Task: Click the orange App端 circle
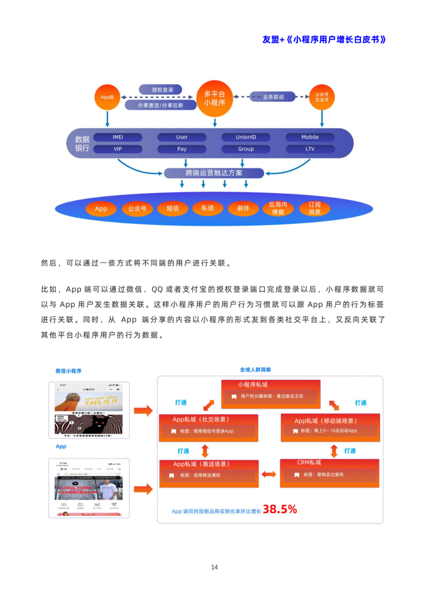(x=107, y=97)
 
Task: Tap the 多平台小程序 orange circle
(x=214, y=99)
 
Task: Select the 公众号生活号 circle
(x=322, y=97)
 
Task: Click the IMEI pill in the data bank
(x=118, y=137)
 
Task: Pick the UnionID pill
(x=246, y=137)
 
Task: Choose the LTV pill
(x=310, y=149)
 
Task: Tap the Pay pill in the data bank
(x=182, y=149)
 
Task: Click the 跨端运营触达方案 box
(x=214, y=173)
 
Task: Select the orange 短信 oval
(x=172, y=208)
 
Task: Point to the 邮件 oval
(x=243, y=208)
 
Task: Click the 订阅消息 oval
(x=315, y=208)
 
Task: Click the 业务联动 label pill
(x=273, y=97)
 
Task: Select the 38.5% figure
(x=280, y=509)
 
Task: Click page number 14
(x=214, y=567)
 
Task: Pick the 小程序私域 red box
(x=271, y=394)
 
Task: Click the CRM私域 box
(x=329, y=473)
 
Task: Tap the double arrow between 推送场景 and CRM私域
(x=269, y=474)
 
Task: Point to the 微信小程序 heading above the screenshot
(x=68, y=371)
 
